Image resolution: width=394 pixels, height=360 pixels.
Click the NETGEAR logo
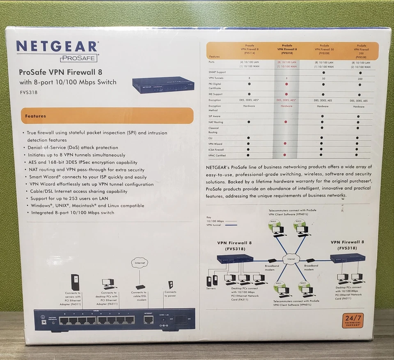[57, 46]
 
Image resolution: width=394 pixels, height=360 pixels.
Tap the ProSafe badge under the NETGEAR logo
[78, 59]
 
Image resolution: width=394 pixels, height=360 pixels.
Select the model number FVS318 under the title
[28, 92]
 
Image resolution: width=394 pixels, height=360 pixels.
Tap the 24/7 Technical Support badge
[353, 320]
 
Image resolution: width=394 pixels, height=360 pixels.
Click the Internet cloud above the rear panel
[139, 263]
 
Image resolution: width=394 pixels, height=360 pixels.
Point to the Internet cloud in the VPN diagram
[291, 259]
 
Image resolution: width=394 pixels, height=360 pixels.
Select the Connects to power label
[170, 294]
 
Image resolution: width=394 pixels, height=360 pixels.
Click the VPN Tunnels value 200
[360, 78]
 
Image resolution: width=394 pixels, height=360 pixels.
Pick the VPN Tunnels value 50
[323, 78]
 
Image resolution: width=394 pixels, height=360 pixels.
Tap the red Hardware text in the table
[286, 106]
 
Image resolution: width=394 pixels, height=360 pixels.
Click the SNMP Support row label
[217, 72]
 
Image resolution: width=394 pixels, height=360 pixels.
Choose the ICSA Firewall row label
[217, 150]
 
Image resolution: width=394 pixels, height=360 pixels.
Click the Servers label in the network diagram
[211, 288]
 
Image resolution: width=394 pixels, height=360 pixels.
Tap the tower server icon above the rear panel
[75, 282]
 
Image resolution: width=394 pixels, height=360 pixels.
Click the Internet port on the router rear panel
[148, 319]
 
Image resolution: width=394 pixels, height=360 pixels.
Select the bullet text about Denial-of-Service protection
[73, 147]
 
